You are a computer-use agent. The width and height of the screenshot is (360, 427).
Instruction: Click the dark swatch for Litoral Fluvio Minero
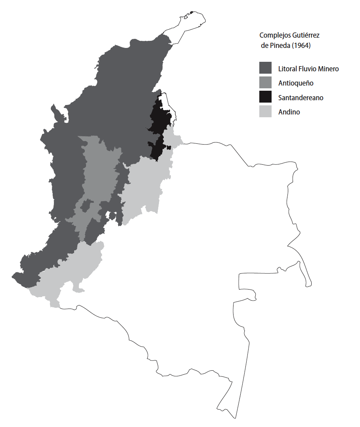coord(265,68)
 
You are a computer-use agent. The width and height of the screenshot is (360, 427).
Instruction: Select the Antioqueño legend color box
coord(265,82)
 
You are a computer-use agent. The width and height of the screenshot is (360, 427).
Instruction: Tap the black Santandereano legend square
coord(265,97)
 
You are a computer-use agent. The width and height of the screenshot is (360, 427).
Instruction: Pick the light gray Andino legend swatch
coord(265,111)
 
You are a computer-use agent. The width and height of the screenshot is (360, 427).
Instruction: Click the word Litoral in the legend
coord(287,69)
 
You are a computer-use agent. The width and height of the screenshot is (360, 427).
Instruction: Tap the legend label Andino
coord(289,112)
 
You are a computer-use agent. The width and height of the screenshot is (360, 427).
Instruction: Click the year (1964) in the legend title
coord(301,46)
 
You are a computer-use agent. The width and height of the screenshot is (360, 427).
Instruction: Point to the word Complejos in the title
coord(272,35)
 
